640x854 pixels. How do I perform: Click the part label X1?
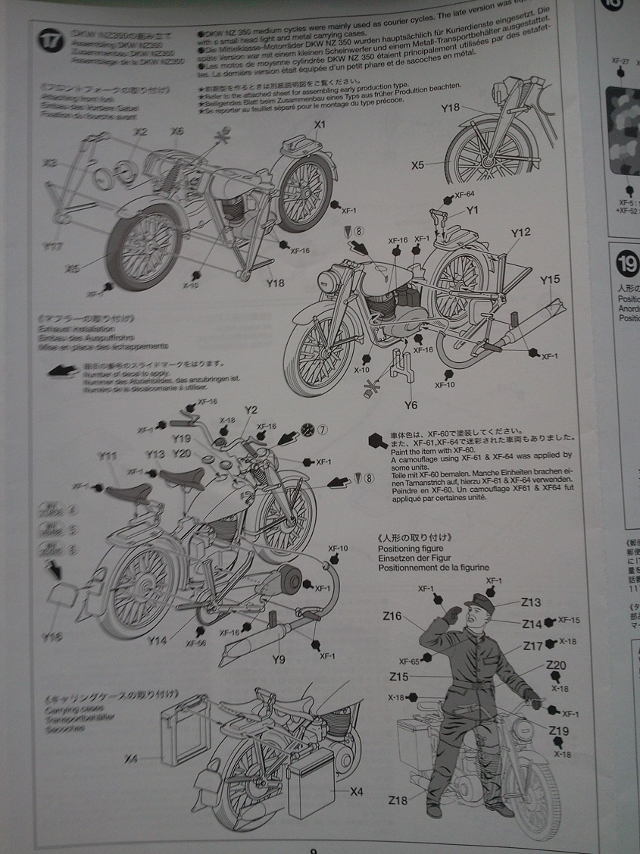(319, 124)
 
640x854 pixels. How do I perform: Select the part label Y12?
(520, 233)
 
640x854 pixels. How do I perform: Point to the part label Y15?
(551, 280)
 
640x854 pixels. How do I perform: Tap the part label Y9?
(279, 659)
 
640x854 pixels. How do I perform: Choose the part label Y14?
(157, 640)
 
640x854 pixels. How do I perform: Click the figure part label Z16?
(392, 616)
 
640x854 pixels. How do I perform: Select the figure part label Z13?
(531, 602)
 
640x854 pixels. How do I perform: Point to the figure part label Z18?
(398, 800)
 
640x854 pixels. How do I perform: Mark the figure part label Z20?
(556, 665)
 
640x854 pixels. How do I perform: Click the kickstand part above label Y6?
(401, 367)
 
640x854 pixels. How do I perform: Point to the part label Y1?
(472, 210)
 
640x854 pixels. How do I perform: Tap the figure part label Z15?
(399, 676)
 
